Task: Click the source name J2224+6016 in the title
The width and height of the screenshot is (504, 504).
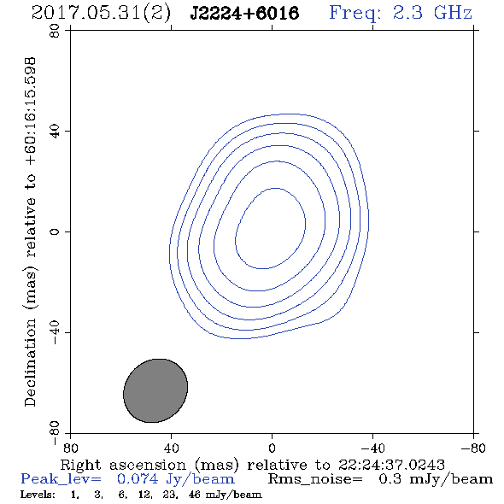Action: coord(244,14)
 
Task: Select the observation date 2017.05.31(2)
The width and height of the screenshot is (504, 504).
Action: coord(101,14)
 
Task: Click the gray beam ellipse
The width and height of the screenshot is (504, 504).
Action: coord(155,390)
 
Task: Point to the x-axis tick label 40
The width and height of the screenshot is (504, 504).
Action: coord(171,448)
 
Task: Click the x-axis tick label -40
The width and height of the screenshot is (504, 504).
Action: coord(372,448)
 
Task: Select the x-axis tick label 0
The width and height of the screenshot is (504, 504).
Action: coord(272,448)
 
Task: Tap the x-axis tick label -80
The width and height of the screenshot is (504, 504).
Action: coord(473,448)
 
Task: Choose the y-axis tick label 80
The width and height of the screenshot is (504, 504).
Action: coord(55,31)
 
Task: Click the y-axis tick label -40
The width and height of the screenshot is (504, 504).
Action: coord(55,332)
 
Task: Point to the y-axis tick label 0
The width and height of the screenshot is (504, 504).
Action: coord(55,231)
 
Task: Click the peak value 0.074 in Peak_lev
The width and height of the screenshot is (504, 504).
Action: coord(138,479)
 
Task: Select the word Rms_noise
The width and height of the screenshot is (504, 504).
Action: coord(315,479)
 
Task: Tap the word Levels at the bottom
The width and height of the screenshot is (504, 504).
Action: coord(38,495)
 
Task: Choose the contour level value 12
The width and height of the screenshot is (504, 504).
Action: coord(144,495)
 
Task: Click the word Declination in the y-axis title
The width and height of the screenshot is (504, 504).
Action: coord(30,362)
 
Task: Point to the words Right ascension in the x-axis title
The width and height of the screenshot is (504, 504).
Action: coord(123,465)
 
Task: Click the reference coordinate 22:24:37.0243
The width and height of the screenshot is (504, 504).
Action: coord(391,465)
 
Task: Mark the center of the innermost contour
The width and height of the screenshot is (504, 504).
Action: coord(270,228)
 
